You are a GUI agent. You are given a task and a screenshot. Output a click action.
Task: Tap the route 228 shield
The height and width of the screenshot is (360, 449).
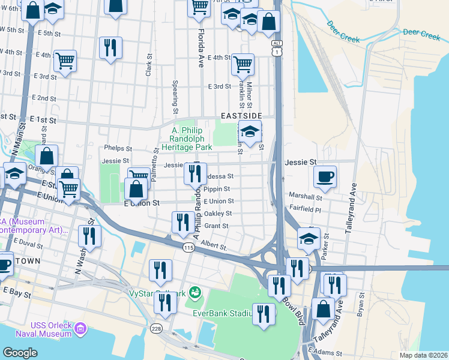tap(157, 329)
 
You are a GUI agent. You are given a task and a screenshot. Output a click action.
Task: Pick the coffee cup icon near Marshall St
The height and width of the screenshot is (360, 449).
tap(325, 176)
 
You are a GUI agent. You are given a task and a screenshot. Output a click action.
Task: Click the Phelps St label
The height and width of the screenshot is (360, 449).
tap(117, 148)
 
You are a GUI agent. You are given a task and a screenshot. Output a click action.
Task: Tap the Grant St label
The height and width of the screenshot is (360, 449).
tap(217, 226)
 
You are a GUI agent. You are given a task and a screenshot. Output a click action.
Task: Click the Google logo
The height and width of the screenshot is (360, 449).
tap(20, 353)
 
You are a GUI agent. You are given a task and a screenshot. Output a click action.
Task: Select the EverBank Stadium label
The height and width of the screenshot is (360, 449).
tap(222, 313)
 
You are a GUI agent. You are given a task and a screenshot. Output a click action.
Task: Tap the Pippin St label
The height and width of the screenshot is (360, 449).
tap(217, 189)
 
